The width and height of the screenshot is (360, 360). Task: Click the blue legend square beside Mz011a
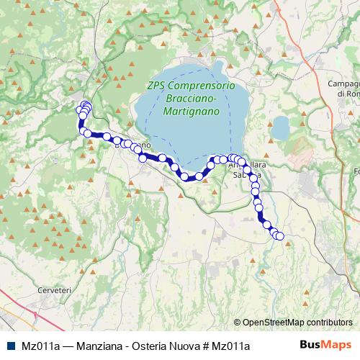pyautogui.click(x=11, y=346)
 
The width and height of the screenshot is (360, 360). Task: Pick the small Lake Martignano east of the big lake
pyautogui.click(x=279, y=129)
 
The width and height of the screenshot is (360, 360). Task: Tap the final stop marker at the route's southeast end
pyautogui.click(x=280, y=236)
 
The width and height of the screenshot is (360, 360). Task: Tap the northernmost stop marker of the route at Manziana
pyautogui.click(x=85, y=105)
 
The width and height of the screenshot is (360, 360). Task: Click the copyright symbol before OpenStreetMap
pyautogui.click(x=238, y=323)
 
